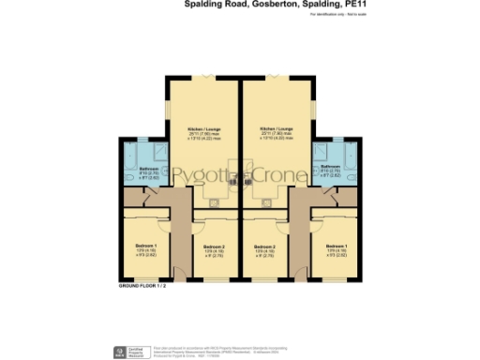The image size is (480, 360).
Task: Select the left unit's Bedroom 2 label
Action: (216, 247)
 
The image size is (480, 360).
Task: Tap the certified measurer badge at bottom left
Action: (120, 353)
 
